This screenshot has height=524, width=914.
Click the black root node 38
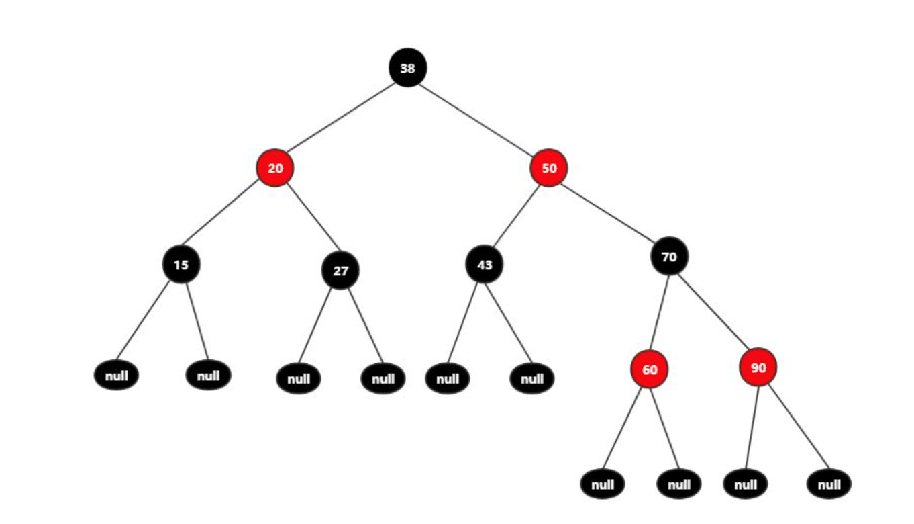(407, 68)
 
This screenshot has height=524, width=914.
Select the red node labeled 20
(275, 168)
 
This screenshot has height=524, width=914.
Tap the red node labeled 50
(549, 168)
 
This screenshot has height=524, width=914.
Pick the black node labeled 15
(181, 265)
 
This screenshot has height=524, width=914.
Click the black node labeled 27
(341, 271)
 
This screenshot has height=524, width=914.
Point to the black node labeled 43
(485, 265)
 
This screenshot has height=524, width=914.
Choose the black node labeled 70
(669, 256)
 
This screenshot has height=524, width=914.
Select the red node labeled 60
(650, 369)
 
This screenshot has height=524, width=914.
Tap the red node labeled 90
(758, 367)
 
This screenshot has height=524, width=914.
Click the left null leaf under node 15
(117, 376)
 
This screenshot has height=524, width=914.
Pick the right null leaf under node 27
(383, 378)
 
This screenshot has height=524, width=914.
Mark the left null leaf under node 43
(448, 378)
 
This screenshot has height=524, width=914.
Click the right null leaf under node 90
(829, 484)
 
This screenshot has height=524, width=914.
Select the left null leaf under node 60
(603, 484)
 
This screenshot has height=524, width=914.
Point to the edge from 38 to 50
(478, 118)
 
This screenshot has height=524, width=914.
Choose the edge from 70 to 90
(713, 312)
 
